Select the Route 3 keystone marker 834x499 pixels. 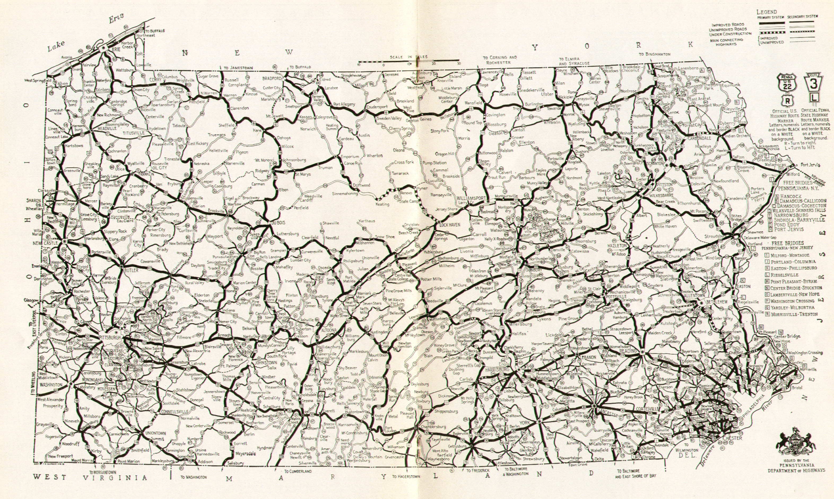[x=810, y=86]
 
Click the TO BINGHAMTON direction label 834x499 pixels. [x=655, y=54]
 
